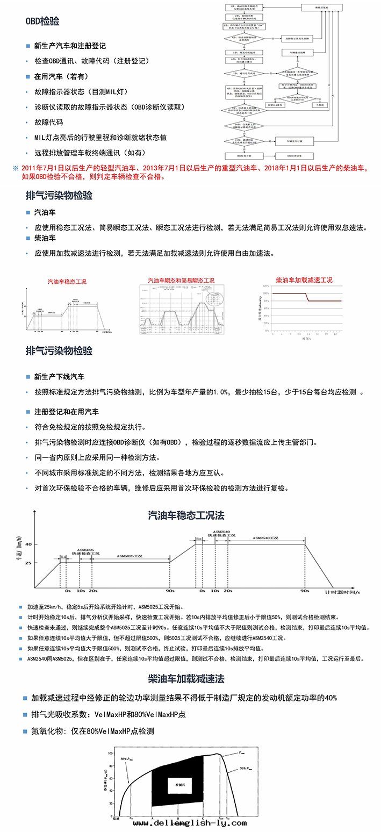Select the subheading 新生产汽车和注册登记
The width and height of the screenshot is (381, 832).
(70, 46)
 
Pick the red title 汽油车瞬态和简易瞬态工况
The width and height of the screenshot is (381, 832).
(181, 281)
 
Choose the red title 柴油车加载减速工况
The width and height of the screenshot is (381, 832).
(304, 280)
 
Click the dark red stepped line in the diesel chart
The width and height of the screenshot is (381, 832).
(307, 297)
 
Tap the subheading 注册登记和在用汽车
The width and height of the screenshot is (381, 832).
(66, 412)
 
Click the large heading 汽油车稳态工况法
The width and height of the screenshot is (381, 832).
(186, 515)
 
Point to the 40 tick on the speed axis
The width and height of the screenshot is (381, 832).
(28, 544)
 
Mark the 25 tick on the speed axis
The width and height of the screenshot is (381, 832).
(28, 563)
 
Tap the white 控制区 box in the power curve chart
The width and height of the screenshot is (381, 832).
(177, 784)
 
